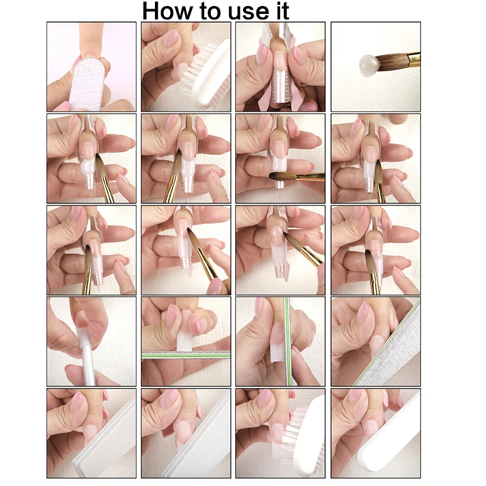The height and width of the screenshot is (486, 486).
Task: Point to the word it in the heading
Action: [281, 11]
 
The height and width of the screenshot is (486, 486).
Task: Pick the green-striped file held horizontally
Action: [186, 355]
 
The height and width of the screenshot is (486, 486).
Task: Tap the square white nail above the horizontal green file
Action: [185, 340]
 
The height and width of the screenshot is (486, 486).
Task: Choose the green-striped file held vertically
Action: [288, 341]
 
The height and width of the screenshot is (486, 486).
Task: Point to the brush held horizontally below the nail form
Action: [296, 177]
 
